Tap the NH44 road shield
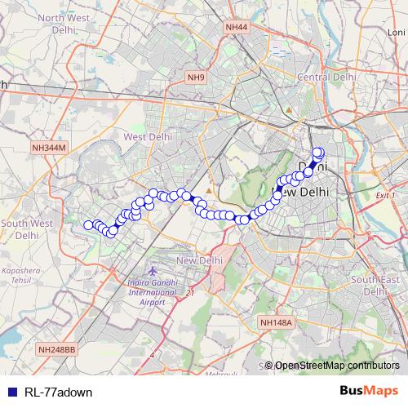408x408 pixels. click(236, 27)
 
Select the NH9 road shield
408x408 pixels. click(195, 78)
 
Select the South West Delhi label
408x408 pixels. click(27, 228)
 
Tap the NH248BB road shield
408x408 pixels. click(56, 348)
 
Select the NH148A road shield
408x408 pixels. click(276, 323)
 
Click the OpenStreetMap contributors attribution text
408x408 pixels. click(336, 366)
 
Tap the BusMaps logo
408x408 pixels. click(370, 392)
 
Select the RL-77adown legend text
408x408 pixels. click(58, 392)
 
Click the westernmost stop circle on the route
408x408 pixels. click(88, 225)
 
